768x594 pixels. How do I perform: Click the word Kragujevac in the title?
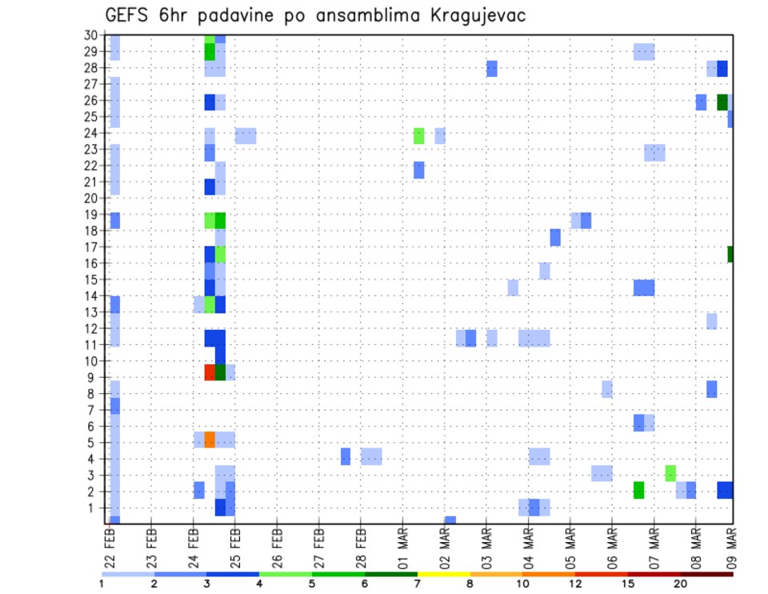[x=470, y=16]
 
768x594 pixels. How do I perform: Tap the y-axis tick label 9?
[x=94, y=376]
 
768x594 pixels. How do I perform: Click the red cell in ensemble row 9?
[x=210, y=372]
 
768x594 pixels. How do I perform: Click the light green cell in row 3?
[x=670, y=473]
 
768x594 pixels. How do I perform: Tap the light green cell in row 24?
[x=418, y=136]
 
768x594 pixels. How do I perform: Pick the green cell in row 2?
[x=638, y=490]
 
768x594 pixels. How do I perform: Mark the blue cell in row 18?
[x=555, y=237]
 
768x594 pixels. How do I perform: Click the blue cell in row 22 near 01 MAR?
[x=418, y=170]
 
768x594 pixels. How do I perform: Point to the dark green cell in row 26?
[x=722, y=102]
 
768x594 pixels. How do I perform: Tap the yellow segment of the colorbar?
[x=443, y=573]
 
